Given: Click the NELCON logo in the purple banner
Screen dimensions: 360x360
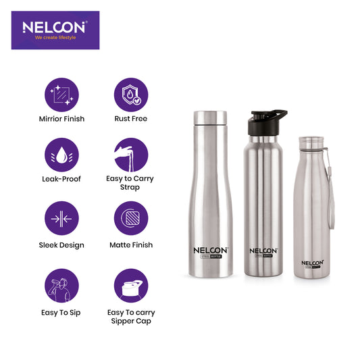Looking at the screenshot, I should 53,26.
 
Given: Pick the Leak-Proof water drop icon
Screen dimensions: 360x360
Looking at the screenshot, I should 61,155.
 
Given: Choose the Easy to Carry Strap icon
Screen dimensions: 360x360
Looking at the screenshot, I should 130,155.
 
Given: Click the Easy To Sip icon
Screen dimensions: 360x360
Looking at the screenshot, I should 61,286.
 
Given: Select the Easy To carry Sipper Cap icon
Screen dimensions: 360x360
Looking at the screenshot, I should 130,286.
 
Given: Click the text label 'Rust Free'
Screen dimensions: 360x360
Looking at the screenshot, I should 130,119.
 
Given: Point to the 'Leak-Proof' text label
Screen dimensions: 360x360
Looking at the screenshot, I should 61,179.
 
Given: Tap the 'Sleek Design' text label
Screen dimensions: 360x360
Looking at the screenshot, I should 61,245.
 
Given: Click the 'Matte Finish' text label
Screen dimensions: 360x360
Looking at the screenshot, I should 130,245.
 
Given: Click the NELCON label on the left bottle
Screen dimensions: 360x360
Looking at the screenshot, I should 209,249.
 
